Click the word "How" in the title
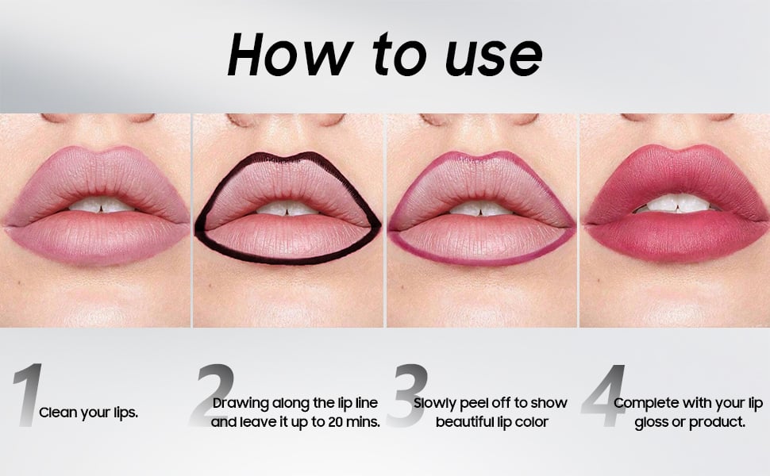(291, 54)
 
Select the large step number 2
(212, 394)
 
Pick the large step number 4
(604, 394)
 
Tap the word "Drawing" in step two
(241, 404)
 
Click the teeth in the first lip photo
(101, 205)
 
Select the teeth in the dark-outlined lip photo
(287, 208)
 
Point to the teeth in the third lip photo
(479, 208)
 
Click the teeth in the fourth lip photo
(676, 203)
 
